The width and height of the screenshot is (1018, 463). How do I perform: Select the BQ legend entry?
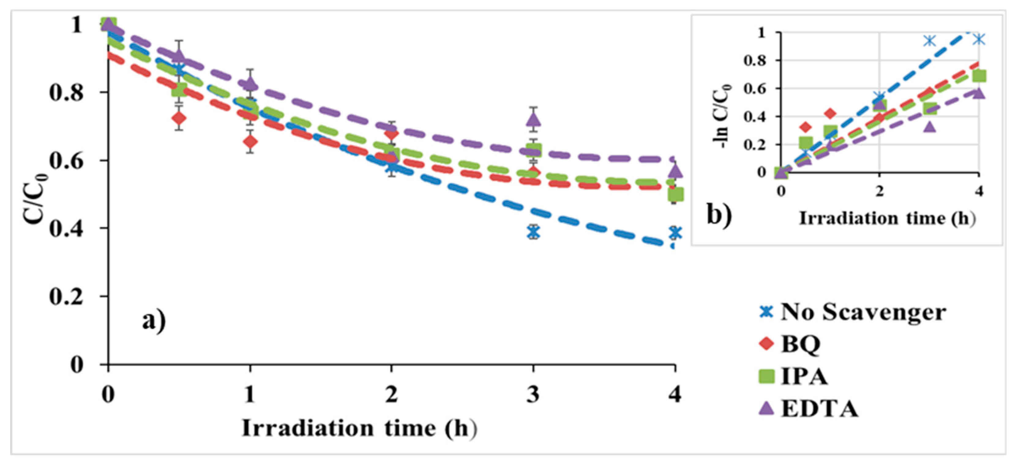pos(790,344)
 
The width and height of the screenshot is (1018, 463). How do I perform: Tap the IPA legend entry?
pos(794,376)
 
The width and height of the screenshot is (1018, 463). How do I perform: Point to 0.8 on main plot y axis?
pos(65,93)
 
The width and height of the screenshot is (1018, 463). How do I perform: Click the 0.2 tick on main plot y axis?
pos(65,296)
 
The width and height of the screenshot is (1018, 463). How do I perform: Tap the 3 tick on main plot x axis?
pos(533,394)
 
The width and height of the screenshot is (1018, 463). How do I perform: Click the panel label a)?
pos(154,321)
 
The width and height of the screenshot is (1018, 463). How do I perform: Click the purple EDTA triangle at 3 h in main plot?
pos(533,119)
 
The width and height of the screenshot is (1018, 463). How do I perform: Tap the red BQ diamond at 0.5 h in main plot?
pos(179,118)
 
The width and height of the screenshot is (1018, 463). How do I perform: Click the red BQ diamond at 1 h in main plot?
pos(250,141)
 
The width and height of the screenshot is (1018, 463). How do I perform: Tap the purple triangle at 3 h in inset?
pos(930,127)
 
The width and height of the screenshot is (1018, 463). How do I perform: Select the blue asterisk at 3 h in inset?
pos(930,41)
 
